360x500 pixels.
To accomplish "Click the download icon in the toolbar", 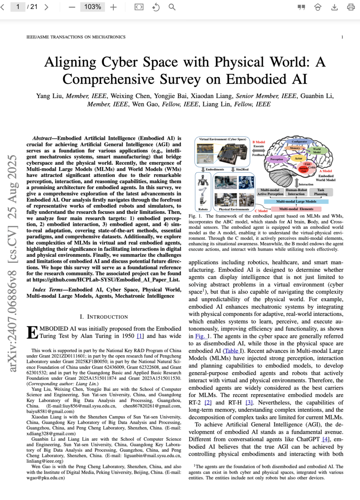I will click(x=334, y=7).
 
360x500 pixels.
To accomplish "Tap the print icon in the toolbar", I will click(x=351, y=7).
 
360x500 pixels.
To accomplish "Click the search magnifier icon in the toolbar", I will click(x=172, y=7).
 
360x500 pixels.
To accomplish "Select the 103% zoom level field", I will click(x=92, y=7).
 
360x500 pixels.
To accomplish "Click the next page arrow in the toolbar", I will click(x=46, y=7).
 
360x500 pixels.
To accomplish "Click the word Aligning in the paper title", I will click(x=70, y=62).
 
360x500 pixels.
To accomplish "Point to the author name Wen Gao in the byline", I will click(x=145, y=104).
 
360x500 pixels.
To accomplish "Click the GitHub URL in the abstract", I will click(x=107, y=280).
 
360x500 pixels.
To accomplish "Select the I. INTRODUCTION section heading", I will click(x=104, y=317).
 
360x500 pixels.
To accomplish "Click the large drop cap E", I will click(x=32, y=332).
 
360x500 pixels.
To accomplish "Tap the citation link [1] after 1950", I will click(x=140, y=336).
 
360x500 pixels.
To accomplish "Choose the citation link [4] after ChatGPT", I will click(x=326, y=439).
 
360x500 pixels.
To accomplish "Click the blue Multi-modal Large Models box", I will click(x=296, y=201).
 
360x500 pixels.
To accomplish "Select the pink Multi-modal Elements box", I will click(x=296, y=209).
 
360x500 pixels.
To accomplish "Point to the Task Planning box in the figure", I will click(x=320, y=192).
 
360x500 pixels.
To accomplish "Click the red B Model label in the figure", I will click(x=259, y=142).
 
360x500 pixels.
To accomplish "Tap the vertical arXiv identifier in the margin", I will click(x=12, y=264).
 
